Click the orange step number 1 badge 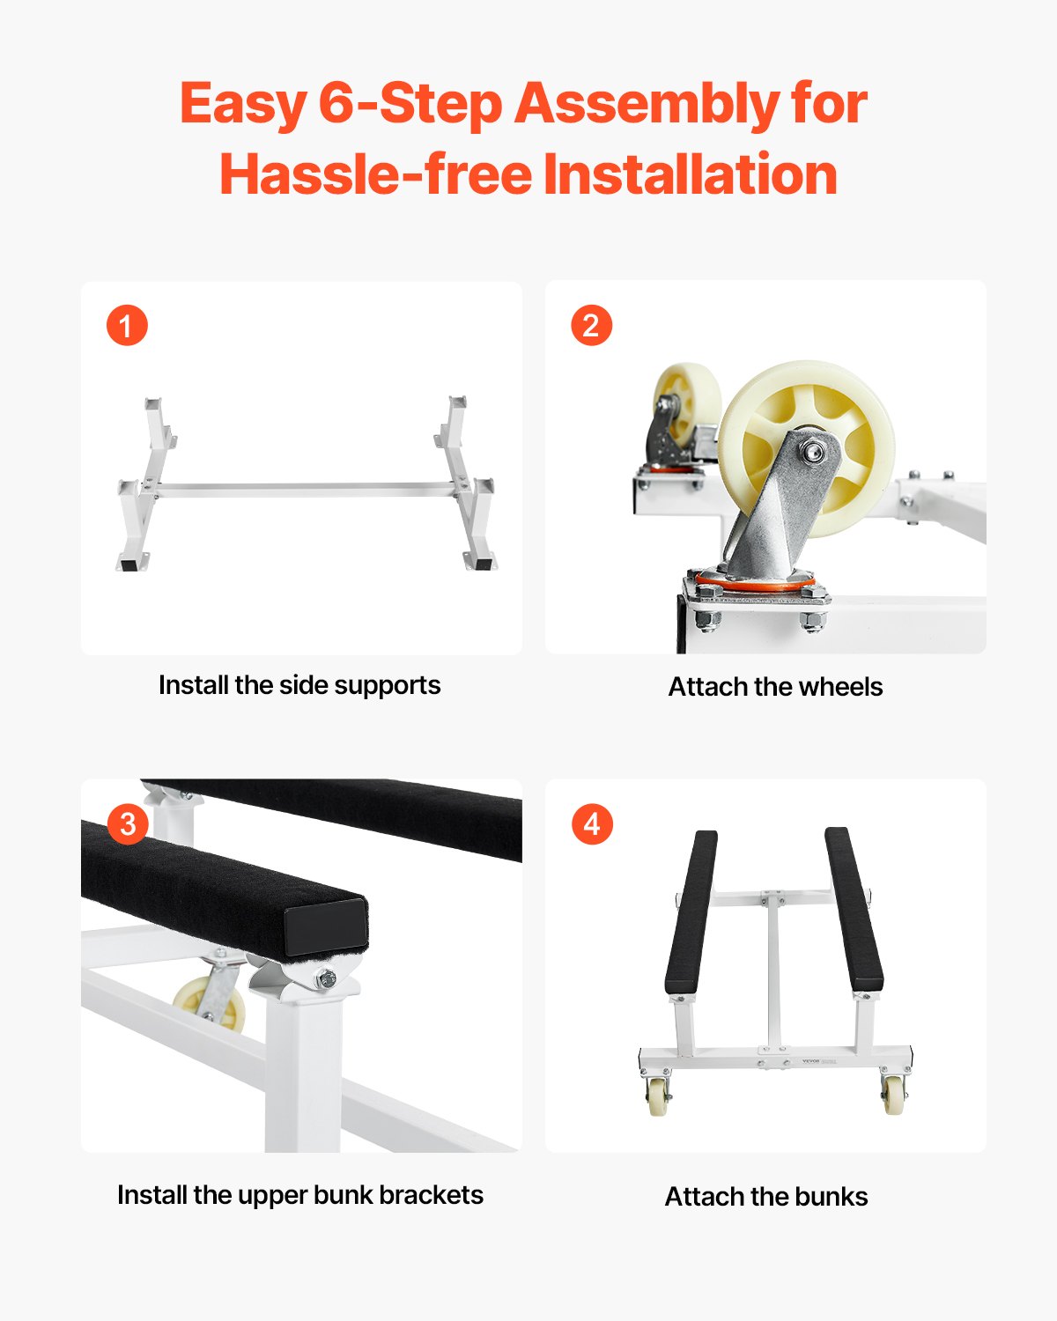(x=127, y=326)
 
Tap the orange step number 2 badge (x=591, y=326)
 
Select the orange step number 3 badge (x=128, y=824)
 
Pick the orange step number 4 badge (x=592, y=824)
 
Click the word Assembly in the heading (x=647, y=104)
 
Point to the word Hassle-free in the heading (x=376, y=174)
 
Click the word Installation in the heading (x=690, y=174)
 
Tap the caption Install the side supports (x=299, y=685)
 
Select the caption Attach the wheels (x=775, y=687)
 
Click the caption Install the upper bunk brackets (x=300, y=1195)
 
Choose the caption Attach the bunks (x=766, y=1197)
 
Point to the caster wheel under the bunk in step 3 (x=211, y=1004)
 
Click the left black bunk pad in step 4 (x=690, y=911)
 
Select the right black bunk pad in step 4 (x=854, y=911)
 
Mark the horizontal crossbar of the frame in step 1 (x=304, y=490)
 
